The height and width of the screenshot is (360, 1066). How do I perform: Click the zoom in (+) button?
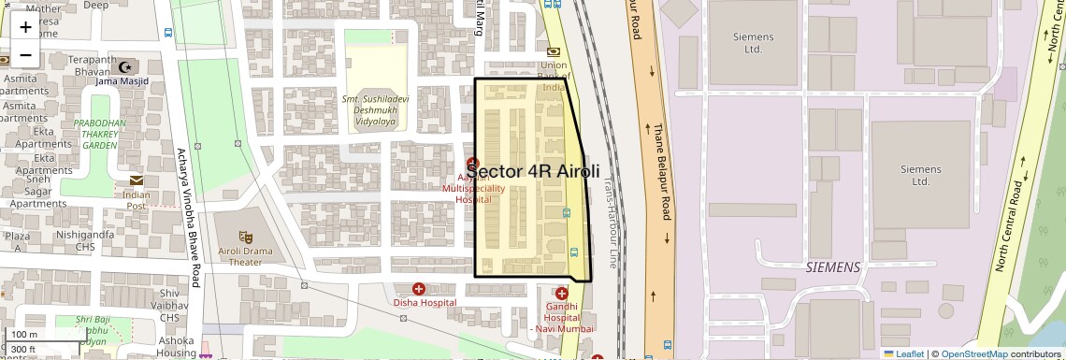[25, 27]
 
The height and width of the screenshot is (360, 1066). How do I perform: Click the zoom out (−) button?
[25, 54]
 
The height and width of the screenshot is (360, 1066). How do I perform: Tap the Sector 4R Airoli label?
[533, 171]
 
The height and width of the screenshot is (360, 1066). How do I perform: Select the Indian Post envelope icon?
[137, 180]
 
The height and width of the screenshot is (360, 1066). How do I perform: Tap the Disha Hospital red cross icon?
[418, 289]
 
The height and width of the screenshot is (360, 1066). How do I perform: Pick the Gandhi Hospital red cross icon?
[561, 294]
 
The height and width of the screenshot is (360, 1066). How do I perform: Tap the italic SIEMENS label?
[832, 267]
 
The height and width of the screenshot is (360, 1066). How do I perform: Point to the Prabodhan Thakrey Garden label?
[99, 134]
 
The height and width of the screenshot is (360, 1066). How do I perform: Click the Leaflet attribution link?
[903, 353]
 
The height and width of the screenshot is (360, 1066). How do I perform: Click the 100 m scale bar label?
[24, 335]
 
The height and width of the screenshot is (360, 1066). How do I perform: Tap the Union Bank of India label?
[554, 76]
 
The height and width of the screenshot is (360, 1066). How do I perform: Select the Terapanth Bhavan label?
[92, 65]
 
